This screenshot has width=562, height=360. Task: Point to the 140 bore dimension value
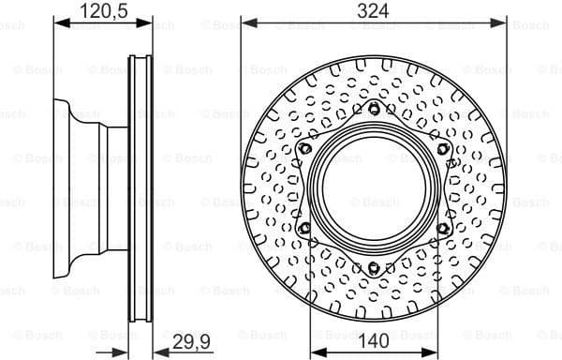point(374,343)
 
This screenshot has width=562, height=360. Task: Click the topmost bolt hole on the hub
point(374,111)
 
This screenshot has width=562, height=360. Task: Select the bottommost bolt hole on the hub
point(374,270)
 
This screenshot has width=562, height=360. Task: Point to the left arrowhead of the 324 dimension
point(245,22)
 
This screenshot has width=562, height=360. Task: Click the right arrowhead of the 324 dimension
point(502,22)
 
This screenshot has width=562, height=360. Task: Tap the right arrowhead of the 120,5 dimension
point(150,22)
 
